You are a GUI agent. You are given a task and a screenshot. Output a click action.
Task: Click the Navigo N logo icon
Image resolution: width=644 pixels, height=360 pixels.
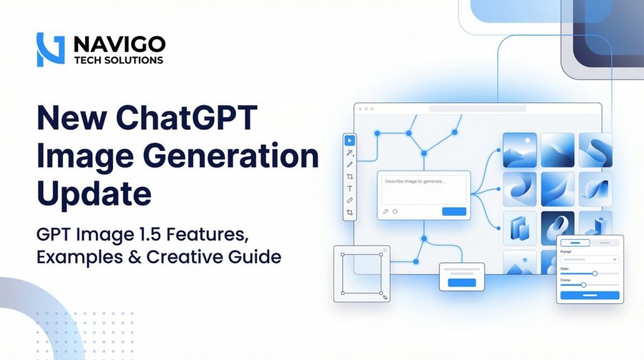[51, 50]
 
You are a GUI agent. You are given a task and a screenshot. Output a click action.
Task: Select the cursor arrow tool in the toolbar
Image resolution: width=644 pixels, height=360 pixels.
[350, 140]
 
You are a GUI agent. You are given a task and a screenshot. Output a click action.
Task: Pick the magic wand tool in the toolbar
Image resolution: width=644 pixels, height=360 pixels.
[350, 152]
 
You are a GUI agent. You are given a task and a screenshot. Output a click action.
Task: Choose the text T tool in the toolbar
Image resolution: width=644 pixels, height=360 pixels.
[350, 188]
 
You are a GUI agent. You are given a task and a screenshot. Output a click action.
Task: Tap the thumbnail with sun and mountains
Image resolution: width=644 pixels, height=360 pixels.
[519, 150]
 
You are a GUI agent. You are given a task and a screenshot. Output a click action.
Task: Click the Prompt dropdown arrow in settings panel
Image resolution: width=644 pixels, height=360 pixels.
[614, 259]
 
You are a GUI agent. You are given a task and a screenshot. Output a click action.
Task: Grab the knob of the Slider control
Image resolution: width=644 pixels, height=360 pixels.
[594, 273]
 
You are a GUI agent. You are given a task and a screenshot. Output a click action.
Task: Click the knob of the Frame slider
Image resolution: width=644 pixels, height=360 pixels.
[583, 285]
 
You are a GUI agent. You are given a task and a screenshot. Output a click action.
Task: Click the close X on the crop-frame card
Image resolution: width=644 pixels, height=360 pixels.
[385, 250]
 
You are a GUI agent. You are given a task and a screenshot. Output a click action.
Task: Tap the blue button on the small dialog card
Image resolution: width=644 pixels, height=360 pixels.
[462, 283]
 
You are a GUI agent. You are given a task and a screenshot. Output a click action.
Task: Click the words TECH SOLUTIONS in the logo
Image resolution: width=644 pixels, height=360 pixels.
[119, 60]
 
